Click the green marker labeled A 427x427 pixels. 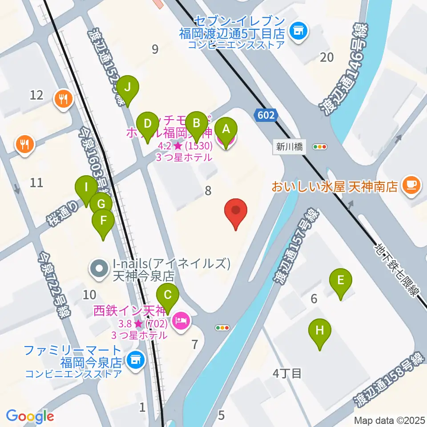point(226,129)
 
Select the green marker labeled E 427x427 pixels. point(340,281)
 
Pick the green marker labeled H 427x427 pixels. point(319,330)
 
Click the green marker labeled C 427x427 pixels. point(168,295)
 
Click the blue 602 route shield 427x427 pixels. point(266,115)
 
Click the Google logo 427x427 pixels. point(30,416)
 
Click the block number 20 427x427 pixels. point(327,56)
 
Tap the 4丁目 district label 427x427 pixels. point(287,373)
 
